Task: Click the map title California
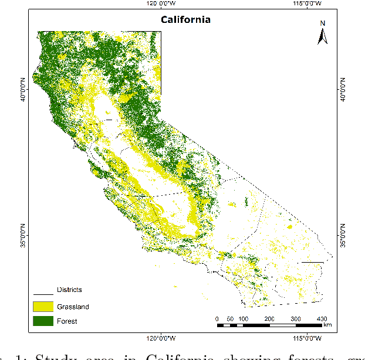pyautogui.click(x=186, y=20)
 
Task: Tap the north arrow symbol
pyautogui.click(x=322, y=36)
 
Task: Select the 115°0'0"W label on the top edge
pyautogui.click(x=307, y=4)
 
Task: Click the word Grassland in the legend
pyautogui.click(x=73, y=306)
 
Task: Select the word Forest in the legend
pyautogui.click(x=67, y=321)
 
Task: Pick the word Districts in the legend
pyautogui.click(x=69, y=290)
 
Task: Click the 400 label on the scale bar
pyautogui.click(x=322, y=318)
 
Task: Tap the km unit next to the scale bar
pyautogui.click(x=327, y=324)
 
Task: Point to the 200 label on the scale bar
pyautogui.click(x=269, y=318)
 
